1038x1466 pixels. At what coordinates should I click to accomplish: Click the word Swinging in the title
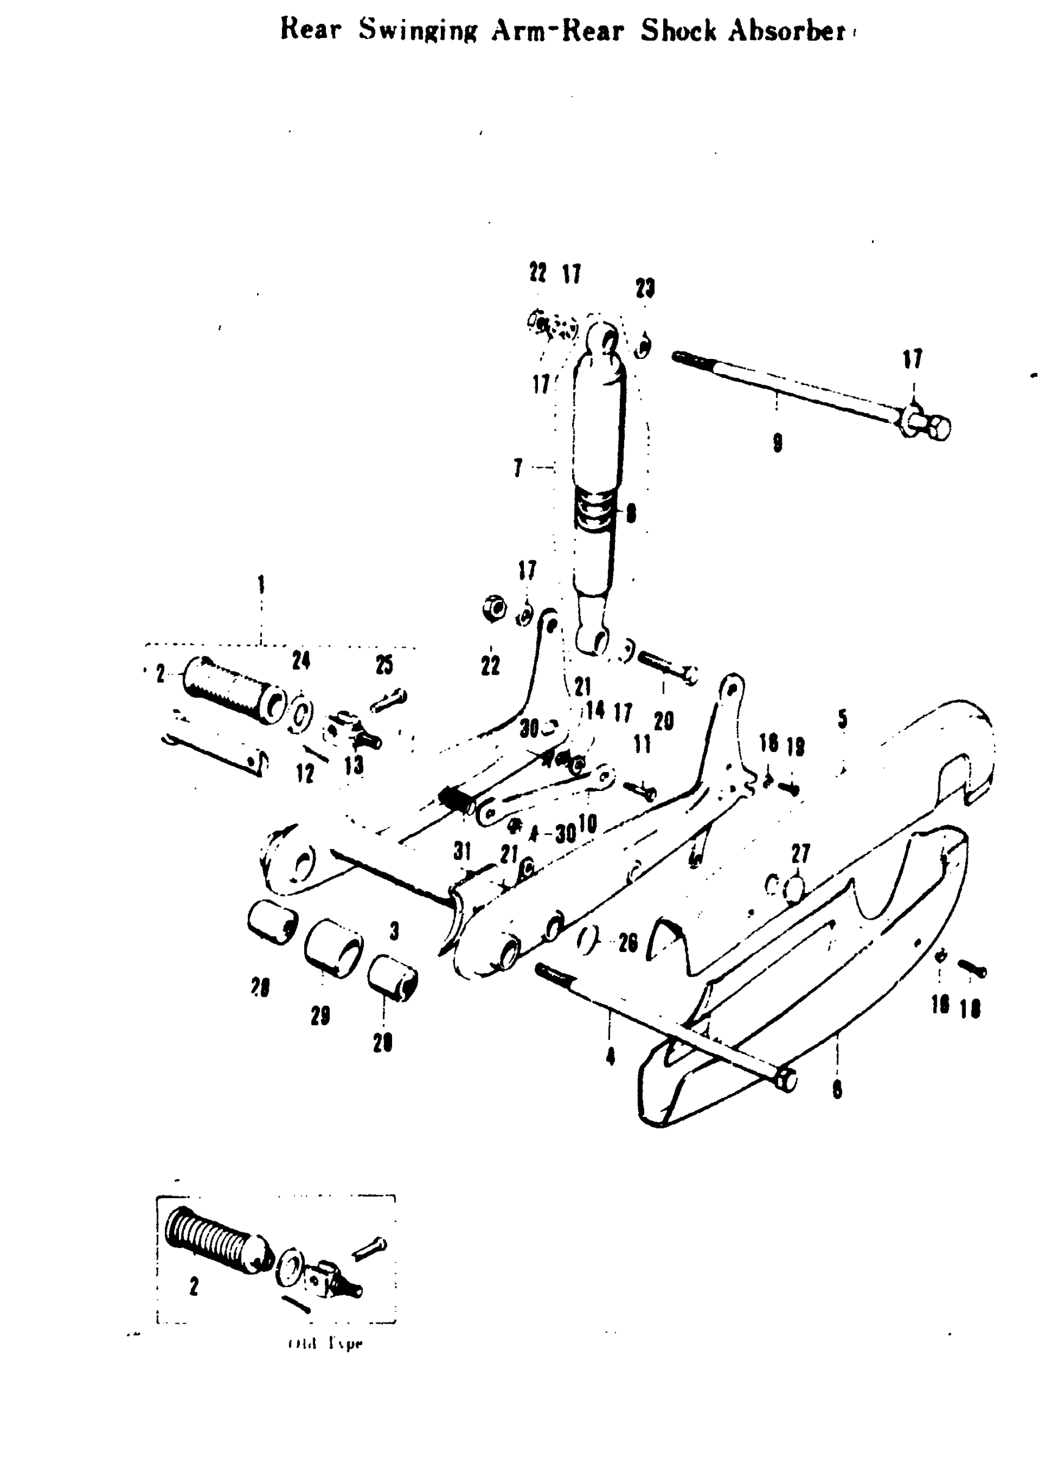pos(418,31)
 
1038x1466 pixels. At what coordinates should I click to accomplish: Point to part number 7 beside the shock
pos(518,468)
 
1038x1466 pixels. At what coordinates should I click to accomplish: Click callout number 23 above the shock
pos(645,289)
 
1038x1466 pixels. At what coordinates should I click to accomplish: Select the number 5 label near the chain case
pos(843,719)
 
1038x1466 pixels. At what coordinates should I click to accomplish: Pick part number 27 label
pos(800,853)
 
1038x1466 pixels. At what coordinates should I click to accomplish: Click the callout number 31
pos(462,851)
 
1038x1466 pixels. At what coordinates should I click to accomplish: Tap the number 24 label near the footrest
pos(301,660)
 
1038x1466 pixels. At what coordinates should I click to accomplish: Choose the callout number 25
pos(384,665)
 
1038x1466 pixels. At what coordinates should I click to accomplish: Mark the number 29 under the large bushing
pos(320,1016)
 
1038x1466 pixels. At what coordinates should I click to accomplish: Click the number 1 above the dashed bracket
pos(261,585)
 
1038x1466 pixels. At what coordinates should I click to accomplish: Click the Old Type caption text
pos(326,1343)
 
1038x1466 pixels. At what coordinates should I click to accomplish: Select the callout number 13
pos(354,765)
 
